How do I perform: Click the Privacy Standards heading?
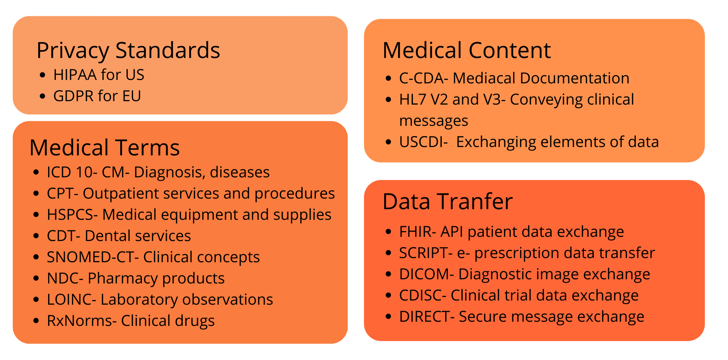click(128, 51)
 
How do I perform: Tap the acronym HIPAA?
click(75, 75)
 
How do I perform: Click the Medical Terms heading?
click(105, 147)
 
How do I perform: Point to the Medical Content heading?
click(467, 50)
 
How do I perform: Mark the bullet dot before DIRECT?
click(388, 316)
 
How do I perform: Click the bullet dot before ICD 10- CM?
click(36, 172)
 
